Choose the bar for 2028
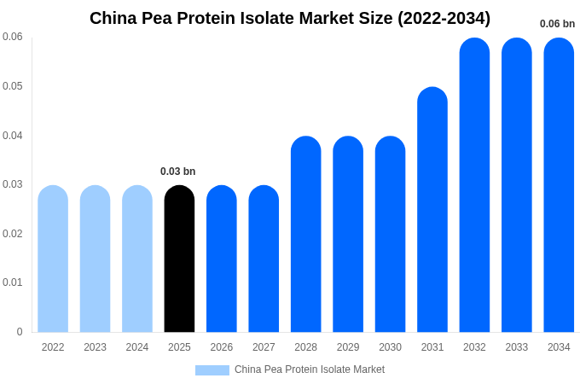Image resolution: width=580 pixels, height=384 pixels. click(x=306, y=234)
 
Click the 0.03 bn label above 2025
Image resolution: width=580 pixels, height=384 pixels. click(x=178, y=172)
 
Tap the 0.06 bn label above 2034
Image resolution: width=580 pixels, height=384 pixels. click(x=557, y=24)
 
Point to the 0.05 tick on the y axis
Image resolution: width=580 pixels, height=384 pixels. click(x=13, y=86)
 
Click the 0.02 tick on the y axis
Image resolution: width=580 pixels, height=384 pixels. click(x=13, y=234)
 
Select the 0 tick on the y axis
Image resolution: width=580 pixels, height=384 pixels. click(x=20, y=332)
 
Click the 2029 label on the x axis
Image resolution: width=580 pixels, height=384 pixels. click(x=348, y=347)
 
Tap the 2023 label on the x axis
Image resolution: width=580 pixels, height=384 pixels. click(x=95, y=347)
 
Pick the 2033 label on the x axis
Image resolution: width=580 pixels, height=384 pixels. click(x=517, y=347)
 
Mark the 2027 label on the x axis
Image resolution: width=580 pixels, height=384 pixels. click(x=264, y=347)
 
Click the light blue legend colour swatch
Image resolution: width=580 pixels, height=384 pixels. click(x=212, y=370)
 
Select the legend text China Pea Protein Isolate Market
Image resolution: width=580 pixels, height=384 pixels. click(x=310, y=369)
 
